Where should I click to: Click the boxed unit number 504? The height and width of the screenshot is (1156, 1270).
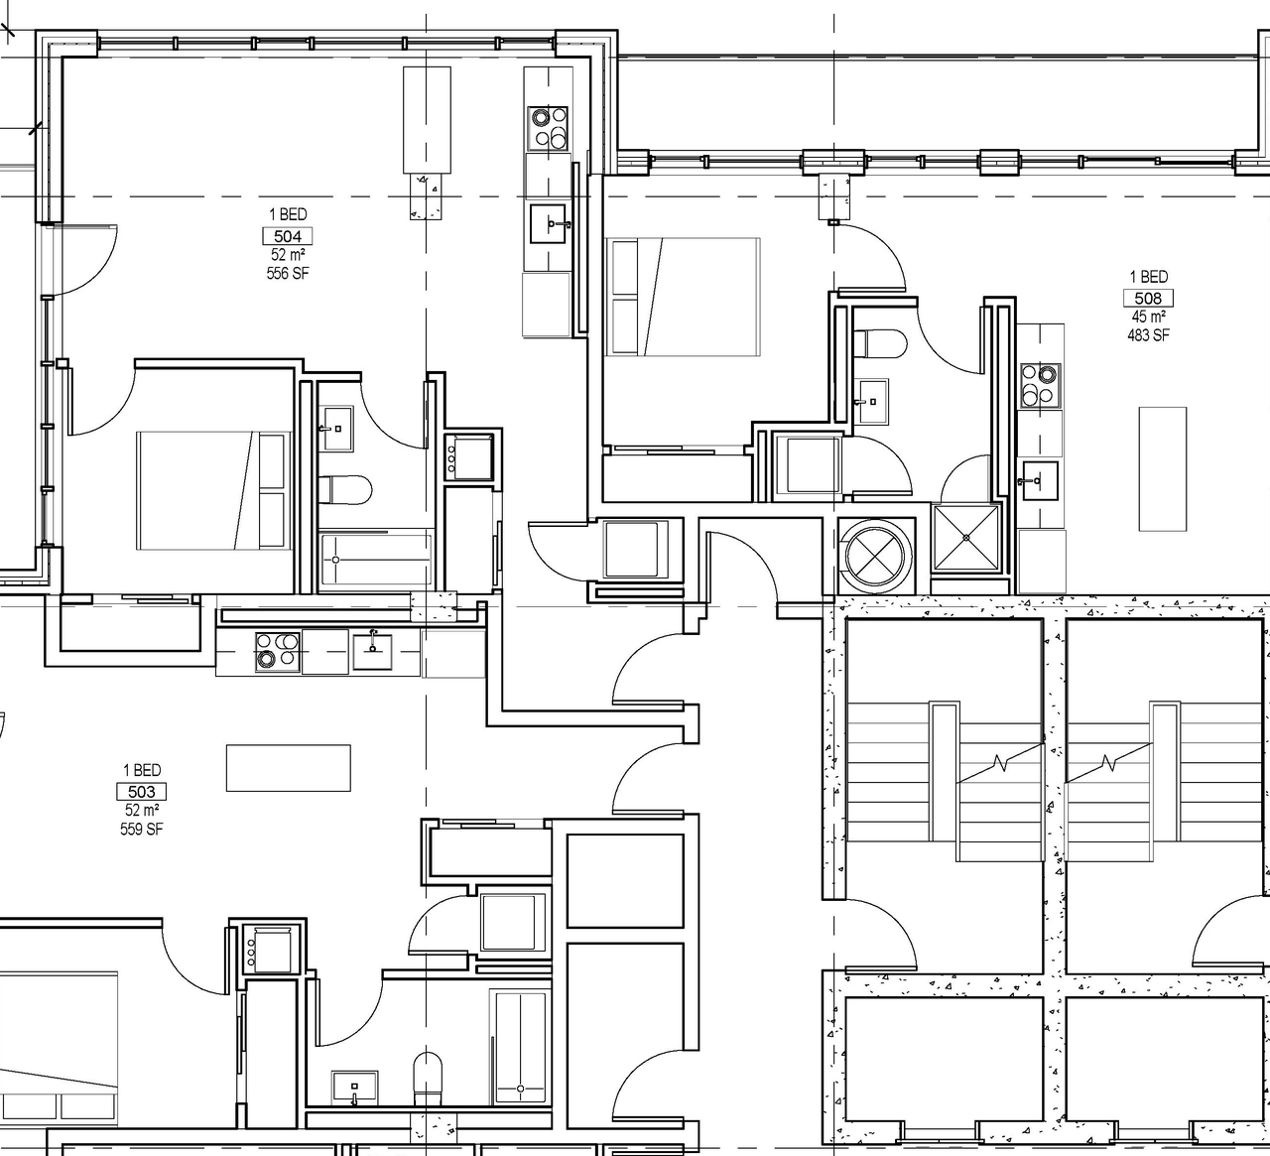288,236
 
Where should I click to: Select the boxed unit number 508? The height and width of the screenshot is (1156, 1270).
1148,299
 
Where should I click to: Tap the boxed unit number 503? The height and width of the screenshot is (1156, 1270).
142,792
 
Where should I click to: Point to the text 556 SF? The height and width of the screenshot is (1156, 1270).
288,273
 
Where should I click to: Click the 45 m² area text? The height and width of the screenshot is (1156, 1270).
1148,317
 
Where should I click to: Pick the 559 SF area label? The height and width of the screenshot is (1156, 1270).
142,829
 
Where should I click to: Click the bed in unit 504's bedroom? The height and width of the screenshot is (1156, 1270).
212,490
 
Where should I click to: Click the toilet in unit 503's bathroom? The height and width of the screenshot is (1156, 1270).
428,1078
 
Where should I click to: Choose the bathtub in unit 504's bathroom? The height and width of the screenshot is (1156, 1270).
376,560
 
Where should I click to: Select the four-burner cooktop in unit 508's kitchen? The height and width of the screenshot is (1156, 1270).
1040,385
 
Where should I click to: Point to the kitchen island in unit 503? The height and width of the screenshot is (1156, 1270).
288,768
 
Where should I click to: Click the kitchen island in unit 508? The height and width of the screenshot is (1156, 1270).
1163,468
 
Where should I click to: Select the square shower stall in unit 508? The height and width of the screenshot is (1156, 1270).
967,539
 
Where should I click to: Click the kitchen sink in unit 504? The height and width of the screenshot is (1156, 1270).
549,224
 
